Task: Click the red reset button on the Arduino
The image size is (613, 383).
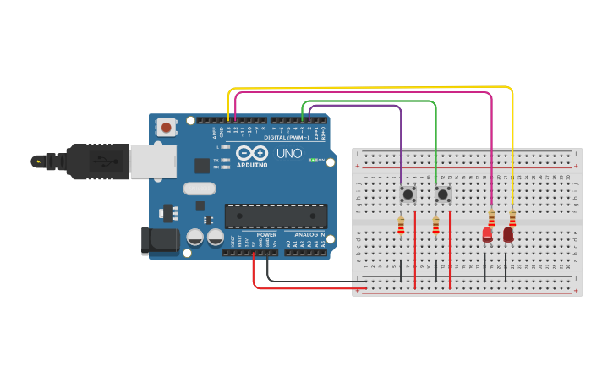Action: [x=167, y=128]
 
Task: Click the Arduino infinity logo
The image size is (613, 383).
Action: [x=253, y=153]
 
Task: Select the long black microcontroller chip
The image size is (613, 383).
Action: [x=275, y=216]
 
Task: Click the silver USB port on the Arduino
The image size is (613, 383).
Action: [x=153, y=161]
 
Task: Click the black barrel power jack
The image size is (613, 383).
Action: [x=161, y=240]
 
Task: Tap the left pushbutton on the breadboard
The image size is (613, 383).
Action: [x=408, y=194]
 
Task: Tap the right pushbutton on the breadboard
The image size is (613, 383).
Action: [x=442, y=194]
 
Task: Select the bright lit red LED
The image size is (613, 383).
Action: [x=488, y=234]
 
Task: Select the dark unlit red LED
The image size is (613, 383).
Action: [x=508, y=234]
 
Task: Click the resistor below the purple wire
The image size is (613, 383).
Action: [x=401, y=225]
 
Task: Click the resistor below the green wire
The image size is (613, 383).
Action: [x=435, y=225]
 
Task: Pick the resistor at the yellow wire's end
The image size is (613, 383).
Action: [x=512, y=218]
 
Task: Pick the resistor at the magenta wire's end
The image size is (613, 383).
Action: [x=491, y=218]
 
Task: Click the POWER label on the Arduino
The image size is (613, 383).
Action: [x=266, y=234]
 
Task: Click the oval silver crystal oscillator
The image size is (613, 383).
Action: [x=200, y=189]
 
